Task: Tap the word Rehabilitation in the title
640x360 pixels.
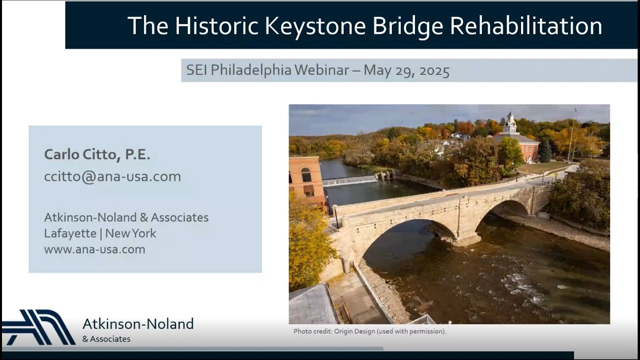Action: pos(526,26)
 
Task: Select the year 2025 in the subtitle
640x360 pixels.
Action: pos(434,70)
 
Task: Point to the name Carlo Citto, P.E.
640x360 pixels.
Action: pos(97,155)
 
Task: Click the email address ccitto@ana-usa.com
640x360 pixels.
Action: pos(112,176)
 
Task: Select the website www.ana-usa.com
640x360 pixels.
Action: pos(94,249)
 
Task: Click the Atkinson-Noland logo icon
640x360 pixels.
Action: pos(39,327)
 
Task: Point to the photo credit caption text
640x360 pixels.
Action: pos(369,331)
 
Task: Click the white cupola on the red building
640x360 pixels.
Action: pos(510,123)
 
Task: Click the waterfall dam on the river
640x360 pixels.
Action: pos(350,180)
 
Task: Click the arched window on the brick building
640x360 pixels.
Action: pos(306,174)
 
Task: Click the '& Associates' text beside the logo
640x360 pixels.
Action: pos(106,339)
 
